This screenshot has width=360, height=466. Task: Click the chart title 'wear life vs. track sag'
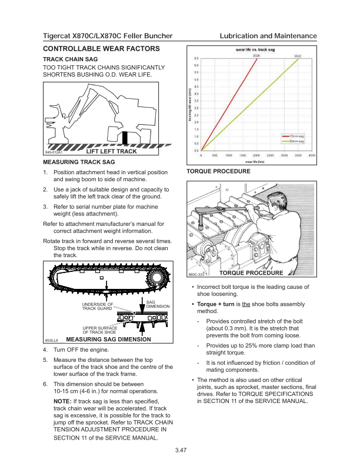pos(256,51)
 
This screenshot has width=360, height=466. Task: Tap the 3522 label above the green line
pos(298,56)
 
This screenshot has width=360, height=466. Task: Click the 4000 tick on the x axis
pos(312,155)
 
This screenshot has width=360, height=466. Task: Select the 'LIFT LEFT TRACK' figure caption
pos(111,152)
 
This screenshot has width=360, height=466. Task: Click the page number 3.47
pos(181,450)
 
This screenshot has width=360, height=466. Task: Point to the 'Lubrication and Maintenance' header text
pos(268,36)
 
